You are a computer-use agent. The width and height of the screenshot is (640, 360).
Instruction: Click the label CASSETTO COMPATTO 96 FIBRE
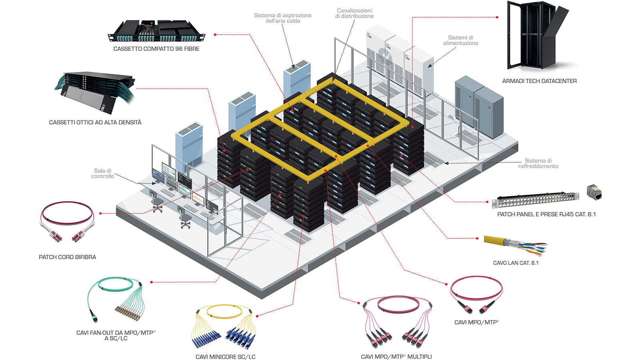click(x=156, y=49)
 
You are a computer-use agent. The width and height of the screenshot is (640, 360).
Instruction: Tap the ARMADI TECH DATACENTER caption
click(x=539, y=81)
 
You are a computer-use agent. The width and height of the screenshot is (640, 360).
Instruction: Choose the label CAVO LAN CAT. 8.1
click(x=516, y=263)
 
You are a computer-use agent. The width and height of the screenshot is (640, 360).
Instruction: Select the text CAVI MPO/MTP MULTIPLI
click(x=396, y=357)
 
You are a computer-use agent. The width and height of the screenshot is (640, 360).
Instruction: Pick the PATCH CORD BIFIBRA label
click(x=67, y=257)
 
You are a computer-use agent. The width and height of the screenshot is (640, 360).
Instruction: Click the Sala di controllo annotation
click(x=102, y=174)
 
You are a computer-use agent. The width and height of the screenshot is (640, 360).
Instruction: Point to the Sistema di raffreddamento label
click(x=538, y=164)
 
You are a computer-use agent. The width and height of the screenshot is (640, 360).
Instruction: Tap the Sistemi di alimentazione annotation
click(x=460, y=40)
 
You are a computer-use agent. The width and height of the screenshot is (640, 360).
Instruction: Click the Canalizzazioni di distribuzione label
click(x=354, y=13)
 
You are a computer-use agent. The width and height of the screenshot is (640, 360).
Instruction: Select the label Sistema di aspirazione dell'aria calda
click(x=283, y=18)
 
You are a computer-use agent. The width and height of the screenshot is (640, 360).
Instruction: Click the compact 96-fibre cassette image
click(x=156, y=31)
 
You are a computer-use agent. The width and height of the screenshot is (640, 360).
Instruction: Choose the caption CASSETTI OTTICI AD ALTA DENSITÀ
click(x=95, y=122)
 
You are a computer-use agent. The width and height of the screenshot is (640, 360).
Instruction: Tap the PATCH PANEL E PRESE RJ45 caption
click(x=546, y=214)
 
